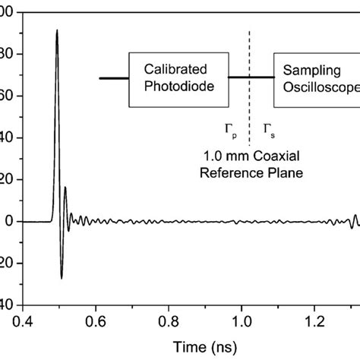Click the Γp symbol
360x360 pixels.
[x=230, y=130]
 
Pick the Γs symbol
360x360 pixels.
[x=268, y=130]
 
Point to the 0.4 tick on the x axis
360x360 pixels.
[x=25, y=320]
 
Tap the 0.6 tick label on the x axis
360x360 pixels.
[x=96, y=320]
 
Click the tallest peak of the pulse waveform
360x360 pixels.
[x=57, y=31]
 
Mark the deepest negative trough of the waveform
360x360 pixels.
[x=62, y=278]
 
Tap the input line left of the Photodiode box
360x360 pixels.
[x=114, y=78]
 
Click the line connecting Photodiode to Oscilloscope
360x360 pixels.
[x=251, y=78]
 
